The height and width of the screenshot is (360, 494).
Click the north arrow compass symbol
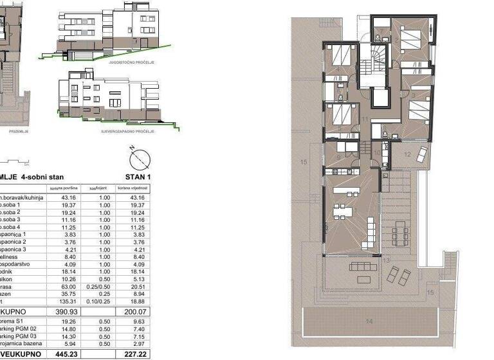pos(139,158)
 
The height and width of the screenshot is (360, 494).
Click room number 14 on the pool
pos(369,320)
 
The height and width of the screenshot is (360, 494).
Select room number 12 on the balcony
pos(408,154)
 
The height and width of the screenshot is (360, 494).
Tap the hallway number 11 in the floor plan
pos(365,120)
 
